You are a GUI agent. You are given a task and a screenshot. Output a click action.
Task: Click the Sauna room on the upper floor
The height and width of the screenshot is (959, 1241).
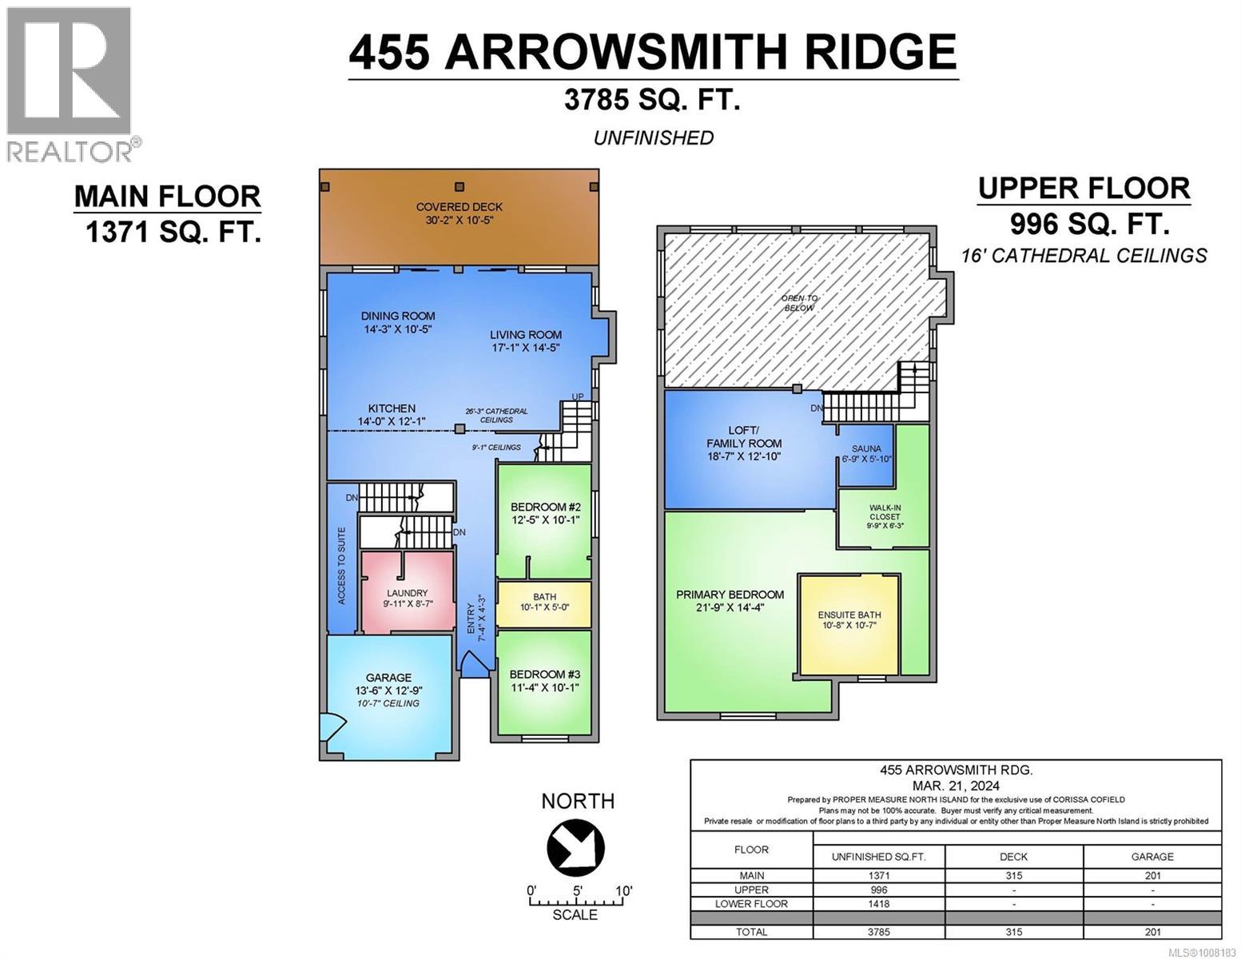pos(865,454)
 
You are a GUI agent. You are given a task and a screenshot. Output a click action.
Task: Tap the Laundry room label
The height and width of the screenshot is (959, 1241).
pos(407,593)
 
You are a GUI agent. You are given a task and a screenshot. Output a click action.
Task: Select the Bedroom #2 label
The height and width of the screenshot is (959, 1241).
pos(545,507)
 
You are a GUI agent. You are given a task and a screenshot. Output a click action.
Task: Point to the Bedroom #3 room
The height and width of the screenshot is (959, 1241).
pos(544,680)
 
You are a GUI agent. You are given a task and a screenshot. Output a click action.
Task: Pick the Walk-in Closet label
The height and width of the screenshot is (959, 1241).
pos(884,516)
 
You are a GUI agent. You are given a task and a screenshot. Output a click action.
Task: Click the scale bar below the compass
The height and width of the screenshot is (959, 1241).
pos(575,901)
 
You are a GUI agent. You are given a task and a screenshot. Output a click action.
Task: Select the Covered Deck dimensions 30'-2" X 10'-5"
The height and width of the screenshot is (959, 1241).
pos(459,220)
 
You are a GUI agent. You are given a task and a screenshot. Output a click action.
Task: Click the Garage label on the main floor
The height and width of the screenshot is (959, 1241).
pos(388,678)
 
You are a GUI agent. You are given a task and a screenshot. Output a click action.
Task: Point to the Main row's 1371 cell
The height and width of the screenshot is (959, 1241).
pos(878,876)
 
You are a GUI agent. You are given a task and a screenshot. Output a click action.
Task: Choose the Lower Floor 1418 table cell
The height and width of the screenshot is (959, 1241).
pos(878,904)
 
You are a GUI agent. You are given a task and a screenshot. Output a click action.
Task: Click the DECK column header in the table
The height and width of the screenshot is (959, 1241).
pos(1013,856)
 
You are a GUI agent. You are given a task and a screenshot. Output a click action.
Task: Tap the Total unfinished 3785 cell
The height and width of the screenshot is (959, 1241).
pos(878,932)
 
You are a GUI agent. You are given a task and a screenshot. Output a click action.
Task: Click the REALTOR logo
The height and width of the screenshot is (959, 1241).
pos(72,84)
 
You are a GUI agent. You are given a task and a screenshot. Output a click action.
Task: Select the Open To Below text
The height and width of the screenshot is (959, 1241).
pos(799,303)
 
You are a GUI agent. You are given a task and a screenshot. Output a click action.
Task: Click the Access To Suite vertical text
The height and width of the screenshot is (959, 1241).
pos(342,565)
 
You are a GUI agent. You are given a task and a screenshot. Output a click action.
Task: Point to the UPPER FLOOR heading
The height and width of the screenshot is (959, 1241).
pos(1084,189)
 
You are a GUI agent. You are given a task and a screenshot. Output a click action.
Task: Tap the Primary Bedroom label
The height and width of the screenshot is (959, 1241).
pos(730,595)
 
